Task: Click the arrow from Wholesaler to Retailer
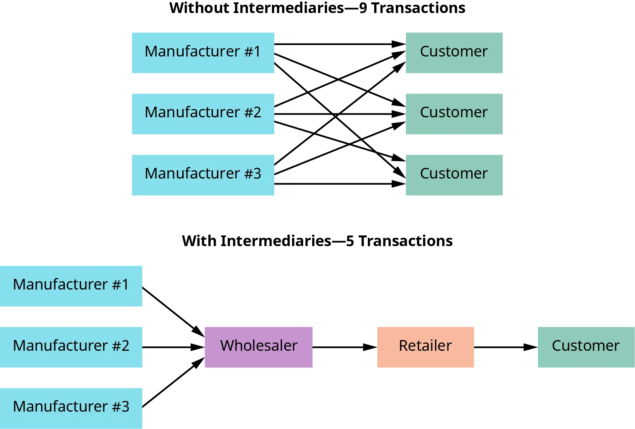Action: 343,347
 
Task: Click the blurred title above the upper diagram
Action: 318,8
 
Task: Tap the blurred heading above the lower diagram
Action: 318,240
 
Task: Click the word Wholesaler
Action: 258,346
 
